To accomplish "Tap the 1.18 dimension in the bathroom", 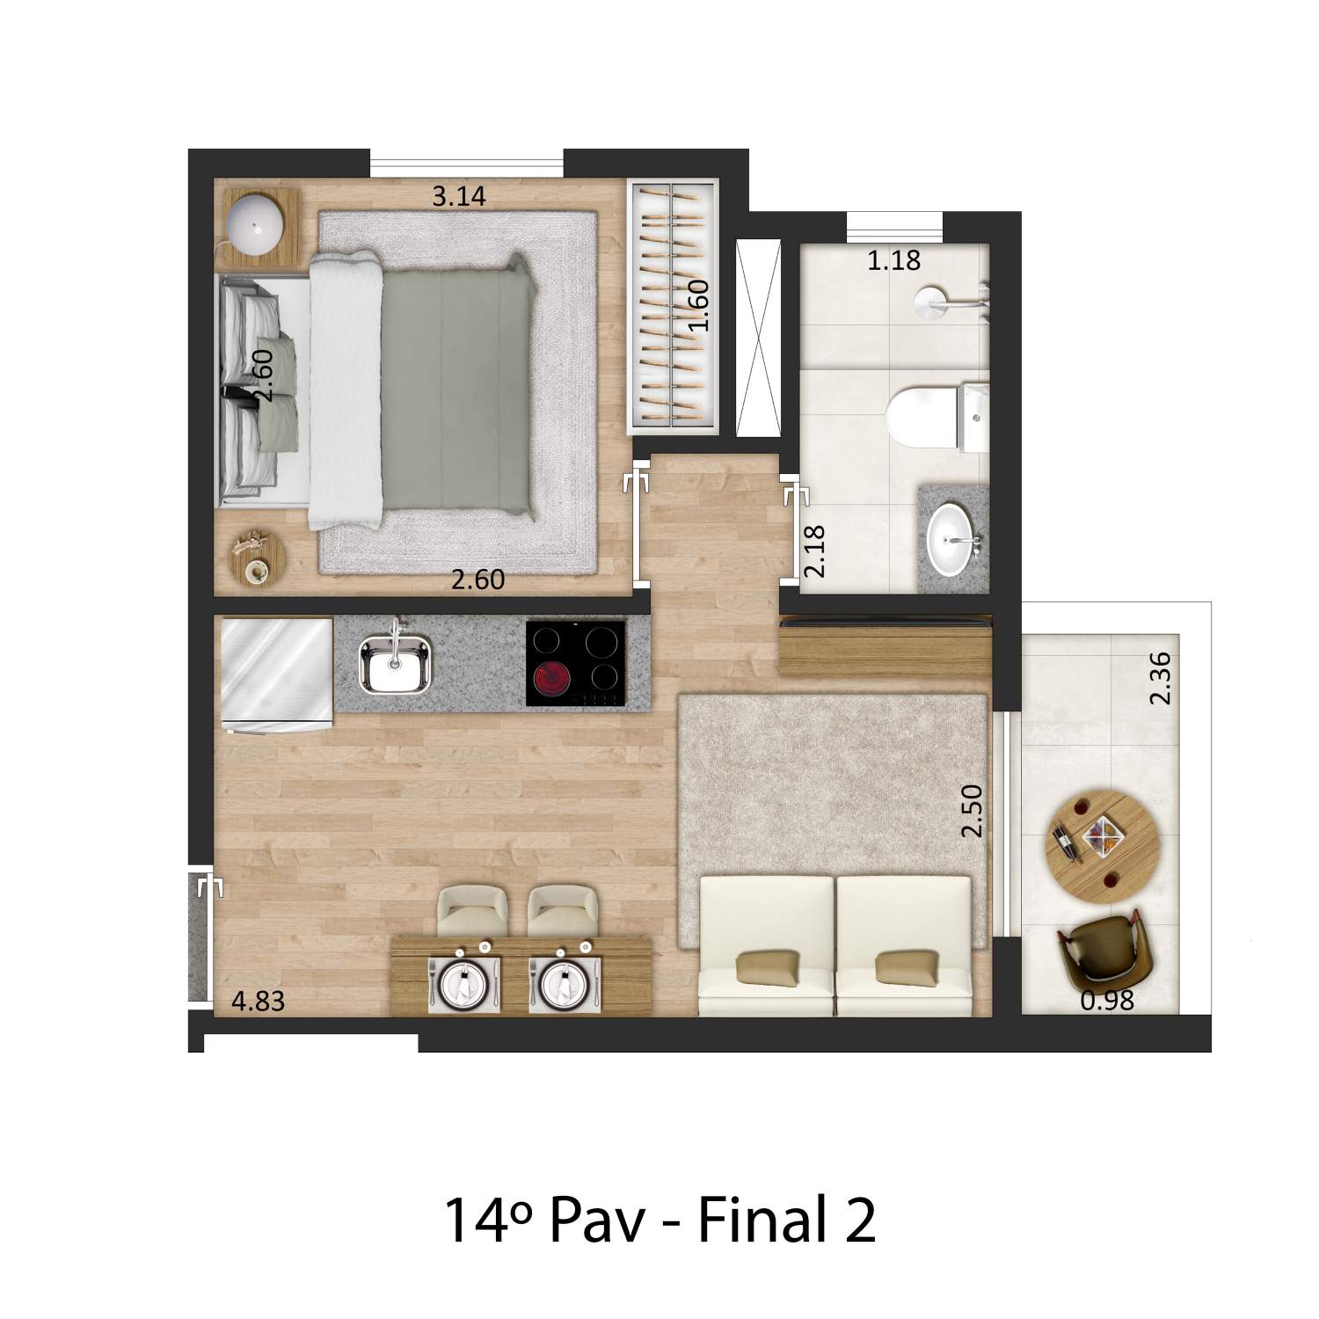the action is click(893, 260).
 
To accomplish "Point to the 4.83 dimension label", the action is click(258, 1001).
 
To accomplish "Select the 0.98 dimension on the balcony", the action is click(1107, 1000).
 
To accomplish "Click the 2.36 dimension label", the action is click(1161, 677).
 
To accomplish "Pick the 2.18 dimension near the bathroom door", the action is click(815, 551).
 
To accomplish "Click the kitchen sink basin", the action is click(396, 665).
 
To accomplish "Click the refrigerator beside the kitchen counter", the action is click(275, 674).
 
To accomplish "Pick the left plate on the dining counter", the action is click(463, 984).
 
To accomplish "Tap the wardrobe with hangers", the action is click(674, 305).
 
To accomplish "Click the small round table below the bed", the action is click(259, 557).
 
